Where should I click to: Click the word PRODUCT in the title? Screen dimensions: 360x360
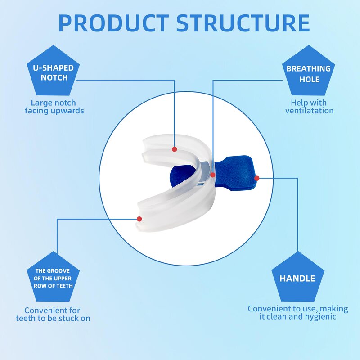tap(113, 23)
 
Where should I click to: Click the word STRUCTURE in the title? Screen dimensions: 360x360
tap(243, 23)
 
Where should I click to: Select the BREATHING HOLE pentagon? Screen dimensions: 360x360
tap(309, 73)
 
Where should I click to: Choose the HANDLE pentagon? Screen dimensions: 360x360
tap(297, 278)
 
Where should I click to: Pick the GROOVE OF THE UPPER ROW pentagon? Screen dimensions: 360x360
tap(54, 278)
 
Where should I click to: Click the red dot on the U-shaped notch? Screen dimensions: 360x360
tap(175, 149)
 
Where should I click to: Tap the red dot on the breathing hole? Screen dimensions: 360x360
tap(213, 175)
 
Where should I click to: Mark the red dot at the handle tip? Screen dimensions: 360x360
tap(256, 178)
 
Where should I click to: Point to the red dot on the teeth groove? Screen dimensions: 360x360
tap(139, 219)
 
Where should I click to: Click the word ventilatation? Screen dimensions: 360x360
tap(310, 111)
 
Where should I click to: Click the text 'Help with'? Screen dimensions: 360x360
tap(309, 103)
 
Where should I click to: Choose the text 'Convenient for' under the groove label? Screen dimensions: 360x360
tap(52, 310)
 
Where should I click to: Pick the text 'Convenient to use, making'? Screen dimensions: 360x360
tap(298, 309)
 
